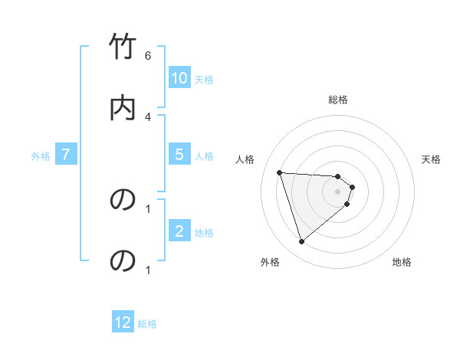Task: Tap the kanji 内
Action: pos(123,107)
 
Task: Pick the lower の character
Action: pos(123,261)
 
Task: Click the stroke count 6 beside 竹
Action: pos(148,56)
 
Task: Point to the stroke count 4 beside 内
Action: pos(148,116)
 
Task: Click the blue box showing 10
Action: pos(179,77)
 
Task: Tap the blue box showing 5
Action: pos(179,154)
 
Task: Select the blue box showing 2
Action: pos(179,231)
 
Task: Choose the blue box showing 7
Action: pos(66,154)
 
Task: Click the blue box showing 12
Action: pos(123,322)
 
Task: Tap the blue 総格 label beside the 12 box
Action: pos(147,324)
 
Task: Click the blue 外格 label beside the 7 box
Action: pos(41,156)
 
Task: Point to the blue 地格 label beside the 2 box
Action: pos(204,233)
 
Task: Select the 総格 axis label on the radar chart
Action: pos(338,100)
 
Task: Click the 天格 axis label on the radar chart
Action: pos(432,159)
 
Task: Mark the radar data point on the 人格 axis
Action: pos(280,172)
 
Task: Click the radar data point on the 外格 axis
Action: pos(301,242)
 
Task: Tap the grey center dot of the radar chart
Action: pos(338,191)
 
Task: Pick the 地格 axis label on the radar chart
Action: pos(402,262)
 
